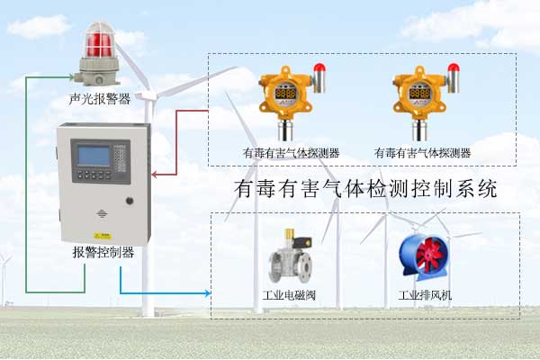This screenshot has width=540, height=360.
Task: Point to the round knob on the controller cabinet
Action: click(x=129, y=201)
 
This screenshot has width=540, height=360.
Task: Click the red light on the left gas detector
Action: click(x=318, y=67)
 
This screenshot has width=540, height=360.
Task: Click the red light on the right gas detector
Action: click(x=452, y=67)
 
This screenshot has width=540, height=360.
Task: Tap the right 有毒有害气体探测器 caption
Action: click(x=422, y=153)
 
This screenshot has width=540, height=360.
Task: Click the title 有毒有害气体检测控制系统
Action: click(x=364, y=190)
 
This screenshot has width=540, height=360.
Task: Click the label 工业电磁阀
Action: click(x=289, y=295)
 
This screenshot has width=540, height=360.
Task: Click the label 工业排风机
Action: click(x=425, y=295)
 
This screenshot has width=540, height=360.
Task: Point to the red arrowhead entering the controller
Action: click(x=155, y=175)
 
